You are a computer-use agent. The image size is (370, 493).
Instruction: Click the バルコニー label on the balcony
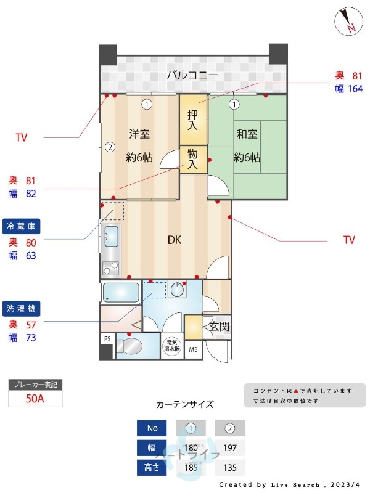pos(192,76)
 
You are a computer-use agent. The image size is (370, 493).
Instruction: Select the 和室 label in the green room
pos(247,134)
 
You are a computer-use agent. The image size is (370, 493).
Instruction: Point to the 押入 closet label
pos(193,120)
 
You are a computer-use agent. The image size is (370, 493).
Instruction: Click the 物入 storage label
pos(193,158)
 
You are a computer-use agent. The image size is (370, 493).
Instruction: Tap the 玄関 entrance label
pos(218,326)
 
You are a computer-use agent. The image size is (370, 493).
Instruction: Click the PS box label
pos(107,339)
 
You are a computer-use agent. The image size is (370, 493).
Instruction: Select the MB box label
pos(193,349)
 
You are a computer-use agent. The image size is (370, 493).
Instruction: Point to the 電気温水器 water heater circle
pos(171,346)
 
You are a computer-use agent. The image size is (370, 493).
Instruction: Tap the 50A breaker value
pos(35,398)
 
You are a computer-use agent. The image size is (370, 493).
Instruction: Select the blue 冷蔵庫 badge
pos(23,226)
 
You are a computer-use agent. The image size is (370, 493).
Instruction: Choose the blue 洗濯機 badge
pos(23,308)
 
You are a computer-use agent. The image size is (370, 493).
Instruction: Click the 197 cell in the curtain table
pos(229,447)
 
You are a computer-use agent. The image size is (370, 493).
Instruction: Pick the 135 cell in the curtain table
pos(229,467)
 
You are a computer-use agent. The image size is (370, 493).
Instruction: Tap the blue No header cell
pos(152,428)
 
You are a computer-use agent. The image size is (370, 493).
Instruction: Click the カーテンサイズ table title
pos(185,404)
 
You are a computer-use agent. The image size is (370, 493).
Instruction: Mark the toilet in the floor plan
pos(131,346)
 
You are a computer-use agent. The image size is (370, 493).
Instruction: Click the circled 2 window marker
pos(109,147)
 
